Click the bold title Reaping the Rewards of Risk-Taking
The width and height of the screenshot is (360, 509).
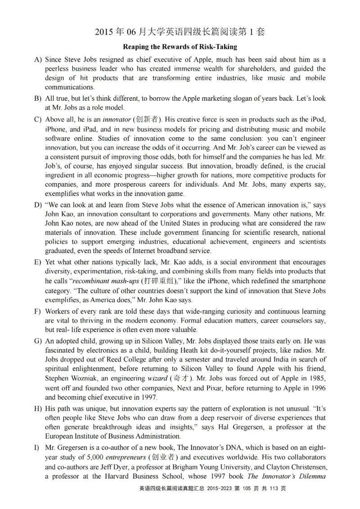[x=180, y=47]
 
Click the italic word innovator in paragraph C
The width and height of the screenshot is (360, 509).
[x=116, y=120]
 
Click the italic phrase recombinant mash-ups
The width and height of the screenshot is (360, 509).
[x=105, y=281]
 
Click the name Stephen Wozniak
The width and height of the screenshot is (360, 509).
[x=70, y=379]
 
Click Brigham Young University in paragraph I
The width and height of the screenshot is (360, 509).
[x=204, y=467]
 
